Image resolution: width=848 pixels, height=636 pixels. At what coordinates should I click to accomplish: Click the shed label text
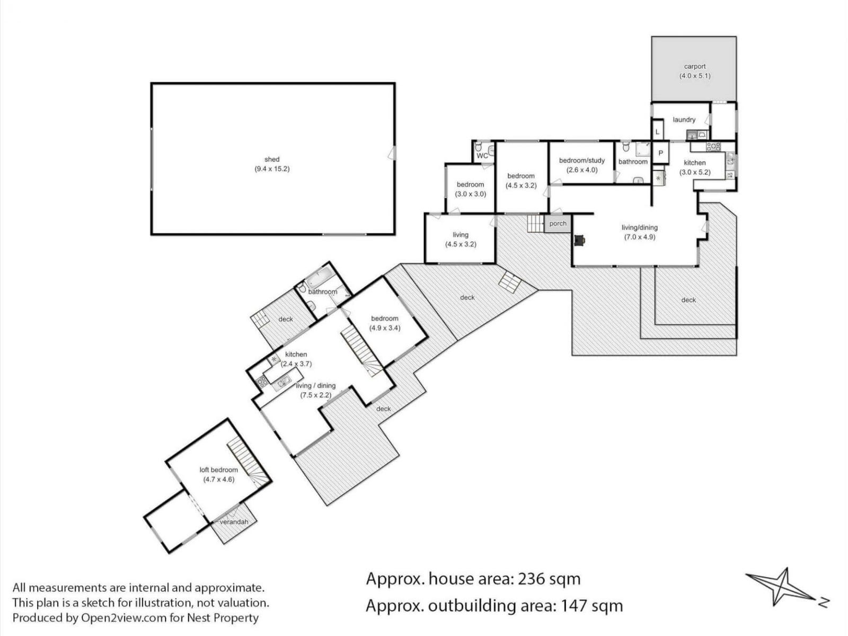pos(272,159)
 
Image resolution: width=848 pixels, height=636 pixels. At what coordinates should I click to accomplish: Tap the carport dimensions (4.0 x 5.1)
pos(695,76)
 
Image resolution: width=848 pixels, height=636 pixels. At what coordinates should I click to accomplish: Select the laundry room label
pos(684,120)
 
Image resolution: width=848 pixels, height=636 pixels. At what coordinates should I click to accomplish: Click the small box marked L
pos(658,131)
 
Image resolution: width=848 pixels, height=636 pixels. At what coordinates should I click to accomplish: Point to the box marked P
pos(660,153)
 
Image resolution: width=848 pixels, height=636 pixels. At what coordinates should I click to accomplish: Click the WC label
pos(482,156)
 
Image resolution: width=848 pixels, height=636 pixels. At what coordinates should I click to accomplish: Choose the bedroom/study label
pos(582,160)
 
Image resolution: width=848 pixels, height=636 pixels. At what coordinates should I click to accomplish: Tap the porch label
pos(558,224)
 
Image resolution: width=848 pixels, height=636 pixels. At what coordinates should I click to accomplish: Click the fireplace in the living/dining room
pos(579,241)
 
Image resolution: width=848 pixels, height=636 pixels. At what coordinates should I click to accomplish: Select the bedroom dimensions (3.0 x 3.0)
pos(470,194)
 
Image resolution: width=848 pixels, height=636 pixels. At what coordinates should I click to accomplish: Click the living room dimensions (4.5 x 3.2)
pos(461,244)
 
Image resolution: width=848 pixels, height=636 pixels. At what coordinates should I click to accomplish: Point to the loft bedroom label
pos(219,470)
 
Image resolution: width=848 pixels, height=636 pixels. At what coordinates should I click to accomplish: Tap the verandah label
pos(234,522)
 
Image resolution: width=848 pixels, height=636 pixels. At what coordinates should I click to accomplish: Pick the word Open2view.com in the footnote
pos(123,618)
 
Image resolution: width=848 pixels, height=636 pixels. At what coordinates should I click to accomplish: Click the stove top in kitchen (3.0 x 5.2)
pos(713,147)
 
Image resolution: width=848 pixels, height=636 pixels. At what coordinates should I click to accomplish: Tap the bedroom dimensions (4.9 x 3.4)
pos(384,328)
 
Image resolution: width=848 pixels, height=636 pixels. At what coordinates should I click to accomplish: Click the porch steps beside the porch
pos(536,224)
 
